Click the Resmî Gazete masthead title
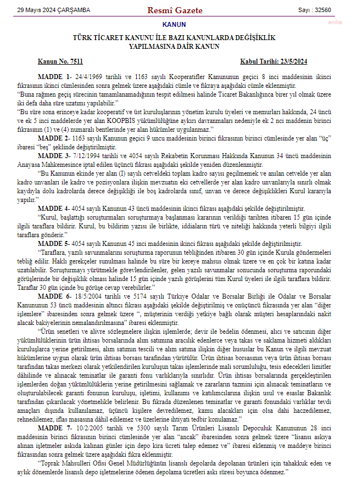point(175,10)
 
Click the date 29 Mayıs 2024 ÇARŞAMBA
point(53,10)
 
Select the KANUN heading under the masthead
point(175,25)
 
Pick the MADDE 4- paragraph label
point(53,208)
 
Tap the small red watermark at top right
point(349,24)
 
